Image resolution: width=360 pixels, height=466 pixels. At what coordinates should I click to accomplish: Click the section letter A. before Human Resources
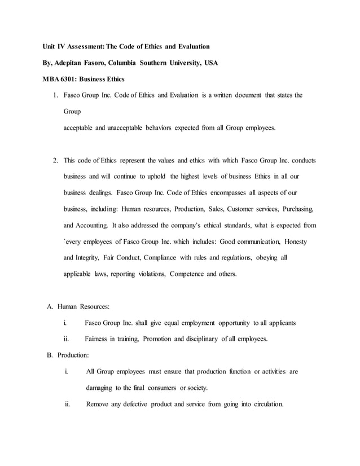(50, 306)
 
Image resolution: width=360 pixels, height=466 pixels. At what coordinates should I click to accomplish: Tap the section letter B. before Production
(50, 355)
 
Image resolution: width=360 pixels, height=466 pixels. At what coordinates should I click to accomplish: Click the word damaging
(103, 388)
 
